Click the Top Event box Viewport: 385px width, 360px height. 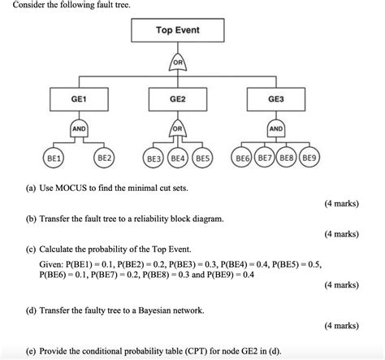177,30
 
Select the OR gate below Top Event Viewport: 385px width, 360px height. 177,63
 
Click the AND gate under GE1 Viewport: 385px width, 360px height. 79,129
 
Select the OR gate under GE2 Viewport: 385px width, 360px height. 177,129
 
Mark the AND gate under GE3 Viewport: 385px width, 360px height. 276,129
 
